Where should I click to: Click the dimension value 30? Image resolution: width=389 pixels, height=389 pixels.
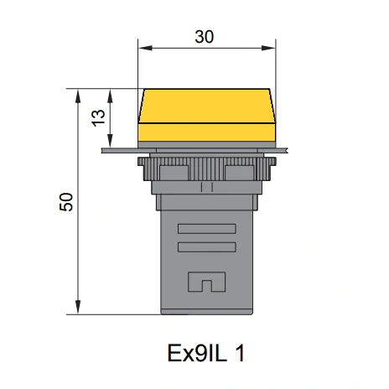click(205, 37)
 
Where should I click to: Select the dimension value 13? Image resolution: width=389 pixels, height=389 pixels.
click(98, 118)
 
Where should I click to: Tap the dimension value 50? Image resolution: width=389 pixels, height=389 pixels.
click(66, 202)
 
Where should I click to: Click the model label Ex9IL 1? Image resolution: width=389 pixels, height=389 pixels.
click(206, 353)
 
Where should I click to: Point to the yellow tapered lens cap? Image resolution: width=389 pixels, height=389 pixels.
click(207, 106)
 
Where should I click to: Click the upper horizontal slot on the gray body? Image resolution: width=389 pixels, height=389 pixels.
click(207, 229)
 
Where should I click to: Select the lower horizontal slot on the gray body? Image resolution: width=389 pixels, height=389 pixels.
click(207, 247)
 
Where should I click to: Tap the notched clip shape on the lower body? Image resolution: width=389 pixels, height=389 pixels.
click(207, 282)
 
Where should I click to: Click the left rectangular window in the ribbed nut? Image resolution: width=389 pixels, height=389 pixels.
click(174, 173)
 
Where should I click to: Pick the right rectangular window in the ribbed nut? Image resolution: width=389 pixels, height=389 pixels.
click(240, 173)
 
